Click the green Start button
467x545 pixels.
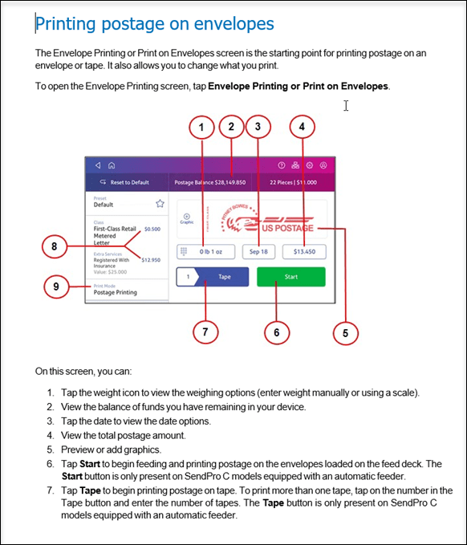tap(291, 277)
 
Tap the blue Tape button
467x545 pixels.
tap(213, 277)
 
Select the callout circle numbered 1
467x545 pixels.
tap(201, 127)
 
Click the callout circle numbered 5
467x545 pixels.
tap(345, 333)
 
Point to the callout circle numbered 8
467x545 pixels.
tap(55, 246)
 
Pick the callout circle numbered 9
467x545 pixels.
tap(56, 287)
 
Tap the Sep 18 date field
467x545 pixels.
tap(258, 252)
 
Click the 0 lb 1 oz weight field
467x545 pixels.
tap(205, 252)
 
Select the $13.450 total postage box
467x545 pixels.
tap(304, 252)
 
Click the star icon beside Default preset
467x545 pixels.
tap(160, 203)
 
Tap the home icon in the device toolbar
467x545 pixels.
tap(112, 165)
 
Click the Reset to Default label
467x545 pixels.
tap(130, 182)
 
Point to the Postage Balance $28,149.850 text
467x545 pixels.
tap(210, 182)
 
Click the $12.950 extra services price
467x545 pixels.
tap(151, 260)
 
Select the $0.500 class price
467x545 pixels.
tap(152, 229)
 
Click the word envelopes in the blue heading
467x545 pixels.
tap(233, 23)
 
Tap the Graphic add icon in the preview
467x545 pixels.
tap(187, 217)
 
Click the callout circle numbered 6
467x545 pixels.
tap(277, 332)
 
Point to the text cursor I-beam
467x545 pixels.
tap(346, 106)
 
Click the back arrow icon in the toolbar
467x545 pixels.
tap(98, 165)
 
